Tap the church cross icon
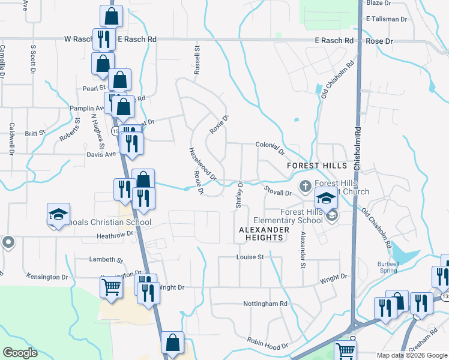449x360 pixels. tap(305, 185)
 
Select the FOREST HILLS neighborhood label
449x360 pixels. tap(317, 166)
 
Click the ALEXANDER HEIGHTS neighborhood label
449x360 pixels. tap(261, 233)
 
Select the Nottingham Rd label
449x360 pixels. tap(265, 304)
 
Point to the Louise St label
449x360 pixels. tap(250, 257)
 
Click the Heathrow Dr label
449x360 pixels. tap(113, 236)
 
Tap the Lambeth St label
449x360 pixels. tap(106, 260)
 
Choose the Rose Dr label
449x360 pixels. tap(379, 41)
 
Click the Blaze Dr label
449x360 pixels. tap(378, 3)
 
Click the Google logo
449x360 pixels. tap(20, 353)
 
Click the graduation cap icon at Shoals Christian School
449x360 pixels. tap(59, 214)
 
